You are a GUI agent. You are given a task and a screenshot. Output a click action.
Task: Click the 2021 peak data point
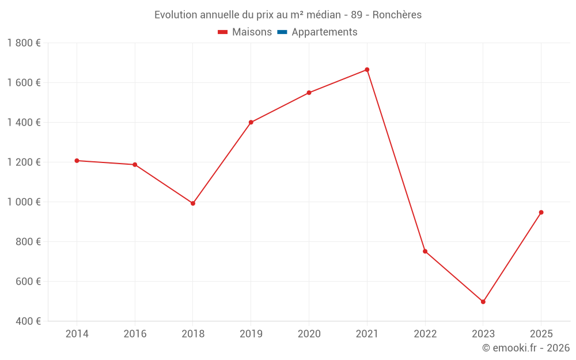pyautogui.click(x=367, y=70)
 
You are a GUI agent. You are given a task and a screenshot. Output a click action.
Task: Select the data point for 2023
pyautogui.click(x=483, y=302)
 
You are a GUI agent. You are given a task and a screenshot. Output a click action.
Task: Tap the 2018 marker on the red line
pyautogui.click(x=193, y=203)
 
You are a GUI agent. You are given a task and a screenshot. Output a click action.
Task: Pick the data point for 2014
pyautogui.click(x=77, y=161)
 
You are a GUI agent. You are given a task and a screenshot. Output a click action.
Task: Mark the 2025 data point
pyautogui.click(x=541, y=213)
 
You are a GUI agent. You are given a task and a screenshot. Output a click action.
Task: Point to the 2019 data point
pyautogui.click(x=251, y=122)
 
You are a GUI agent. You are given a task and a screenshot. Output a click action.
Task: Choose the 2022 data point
pyautogui.click(x=425, y=251)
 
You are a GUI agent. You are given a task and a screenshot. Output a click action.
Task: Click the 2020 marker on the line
pyautogui.click(x=309, y=93)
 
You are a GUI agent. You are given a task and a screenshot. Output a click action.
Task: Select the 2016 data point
pyautogui.click(x=135, y=165)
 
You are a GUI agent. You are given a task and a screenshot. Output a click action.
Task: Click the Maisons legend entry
pyautogui.click(x=245, y=32)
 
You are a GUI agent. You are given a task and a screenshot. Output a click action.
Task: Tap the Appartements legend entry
pyautogui.click(x=317, y=32)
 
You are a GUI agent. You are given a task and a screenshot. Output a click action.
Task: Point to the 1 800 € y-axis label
pyautogui.click(x=24, y=43)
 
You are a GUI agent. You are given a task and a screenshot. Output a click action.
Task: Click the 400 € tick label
pyautogui.click(x=28, y=321)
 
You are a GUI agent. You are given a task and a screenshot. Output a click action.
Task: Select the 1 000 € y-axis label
pyautogui.click(x=24, y=202)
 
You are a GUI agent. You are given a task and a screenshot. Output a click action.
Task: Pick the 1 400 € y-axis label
pyautogui.click(x=24, y=122)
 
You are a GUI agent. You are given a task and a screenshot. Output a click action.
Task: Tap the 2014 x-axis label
pyautogui.click(x=77, y=334)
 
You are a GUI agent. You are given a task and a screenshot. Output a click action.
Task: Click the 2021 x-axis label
pyautogui.click(x=367, y=334)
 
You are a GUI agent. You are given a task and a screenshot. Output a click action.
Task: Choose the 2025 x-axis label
pyautogui.click(x=541, y=334)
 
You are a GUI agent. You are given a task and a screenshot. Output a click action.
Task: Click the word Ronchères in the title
pyautogui.click(x=397, y=15)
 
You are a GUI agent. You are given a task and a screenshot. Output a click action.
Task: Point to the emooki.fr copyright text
pyautogui.click(x=526, y=347)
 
